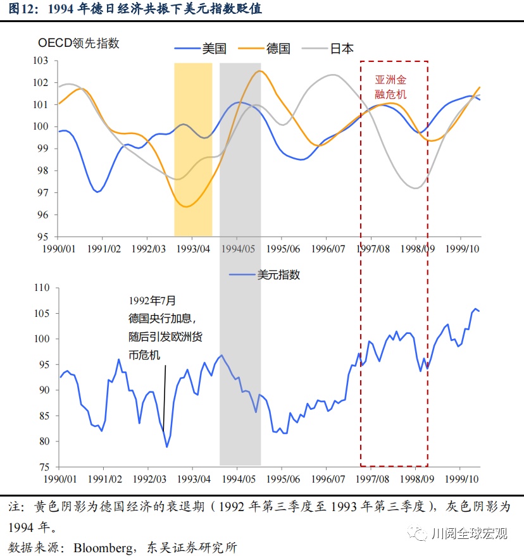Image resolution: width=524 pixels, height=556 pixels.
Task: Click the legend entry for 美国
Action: tap(214, 49)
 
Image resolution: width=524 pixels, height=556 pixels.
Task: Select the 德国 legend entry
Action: tap(278, 49)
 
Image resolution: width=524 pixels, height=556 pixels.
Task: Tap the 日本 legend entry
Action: tap(342, 49)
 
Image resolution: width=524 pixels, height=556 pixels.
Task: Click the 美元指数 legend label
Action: tap(278, 275)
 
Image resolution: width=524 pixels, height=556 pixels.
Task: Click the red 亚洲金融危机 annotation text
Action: tap(390, 87)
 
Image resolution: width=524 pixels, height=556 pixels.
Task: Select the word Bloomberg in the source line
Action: tap(104, 546)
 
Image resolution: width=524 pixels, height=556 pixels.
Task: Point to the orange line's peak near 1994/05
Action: tap(259, 71)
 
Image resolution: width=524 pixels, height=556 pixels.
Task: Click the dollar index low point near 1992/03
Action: tap(167, 447)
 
